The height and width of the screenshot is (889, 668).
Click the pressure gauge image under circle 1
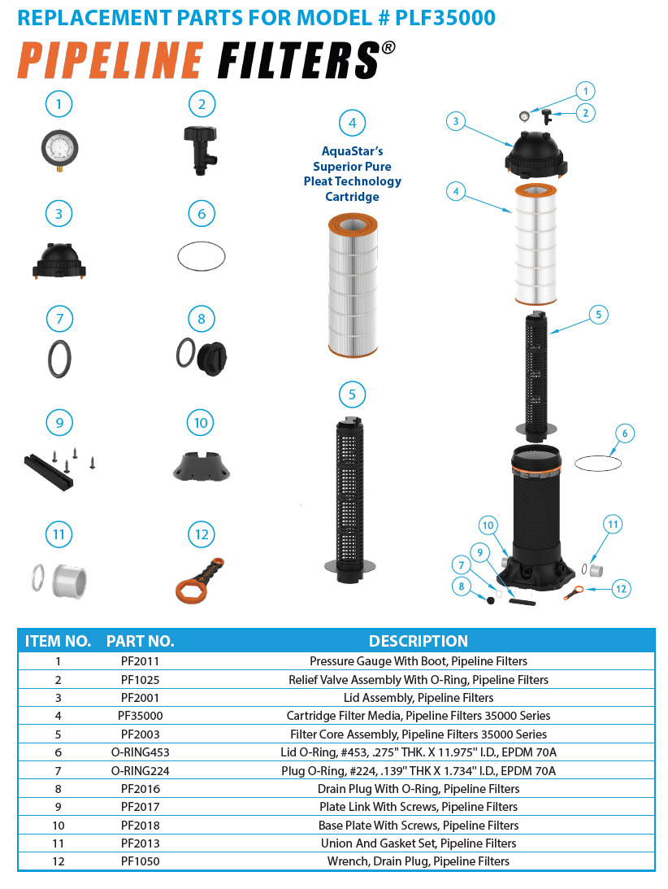click(59, 151)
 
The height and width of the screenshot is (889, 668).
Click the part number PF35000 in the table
click(140, 716)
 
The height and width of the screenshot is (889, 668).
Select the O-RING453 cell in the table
click(140, 752)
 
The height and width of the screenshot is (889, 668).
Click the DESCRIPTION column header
click(419, 641)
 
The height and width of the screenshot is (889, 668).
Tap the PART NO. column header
click(140, 641)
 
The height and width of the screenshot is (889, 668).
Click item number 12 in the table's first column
click(58, 861)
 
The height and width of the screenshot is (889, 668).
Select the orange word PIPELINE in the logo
click(110, 61)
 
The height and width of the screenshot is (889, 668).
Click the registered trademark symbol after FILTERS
click(388, 48)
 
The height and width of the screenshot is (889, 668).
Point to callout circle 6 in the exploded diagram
click(623, 434)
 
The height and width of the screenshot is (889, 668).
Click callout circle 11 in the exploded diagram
click(612, 525)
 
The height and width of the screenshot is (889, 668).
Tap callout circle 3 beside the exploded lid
click(456, 121)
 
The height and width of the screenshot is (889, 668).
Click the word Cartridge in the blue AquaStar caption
click(352, 197)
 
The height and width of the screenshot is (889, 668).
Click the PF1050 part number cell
click(140, 861)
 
